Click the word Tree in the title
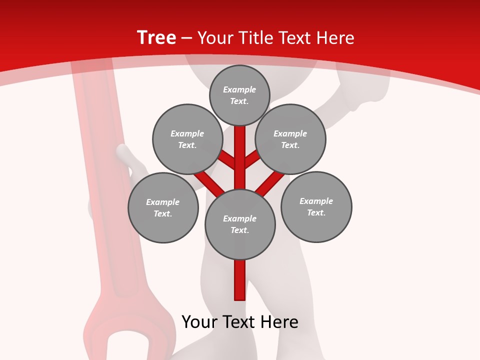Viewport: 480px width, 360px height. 156,37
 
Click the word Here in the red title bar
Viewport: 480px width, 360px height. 335,38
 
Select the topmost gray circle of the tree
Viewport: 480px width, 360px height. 239,95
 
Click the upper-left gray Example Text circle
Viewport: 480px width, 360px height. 187,139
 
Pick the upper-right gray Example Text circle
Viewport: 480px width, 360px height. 290,139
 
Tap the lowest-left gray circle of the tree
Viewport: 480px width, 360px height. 163,207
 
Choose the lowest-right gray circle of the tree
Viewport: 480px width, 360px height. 316,206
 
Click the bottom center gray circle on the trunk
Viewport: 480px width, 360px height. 240,224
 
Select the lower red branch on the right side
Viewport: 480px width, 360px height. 270,183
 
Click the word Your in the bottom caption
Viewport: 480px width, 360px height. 200,322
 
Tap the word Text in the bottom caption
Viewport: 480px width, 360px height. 238,322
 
